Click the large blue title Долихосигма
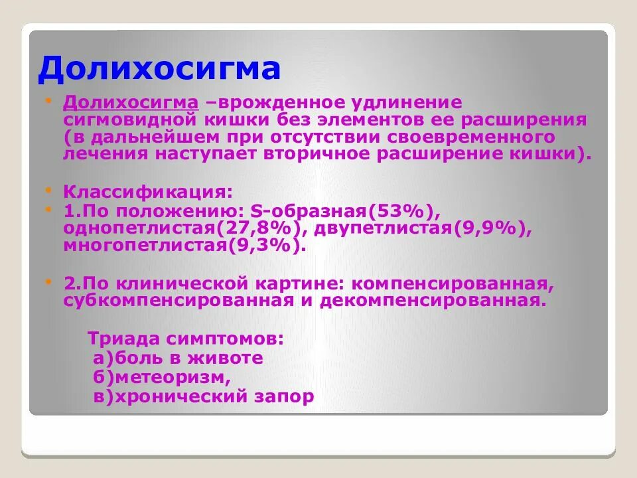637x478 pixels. pos(159,70)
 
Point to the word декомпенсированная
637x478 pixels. pos(435,301)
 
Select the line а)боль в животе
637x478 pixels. pos(178,358)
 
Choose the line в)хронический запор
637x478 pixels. pos(204,397)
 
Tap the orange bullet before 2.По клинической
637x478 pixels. pos(48,281)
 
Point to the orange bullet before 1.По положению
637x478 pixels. pos(48,209)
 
